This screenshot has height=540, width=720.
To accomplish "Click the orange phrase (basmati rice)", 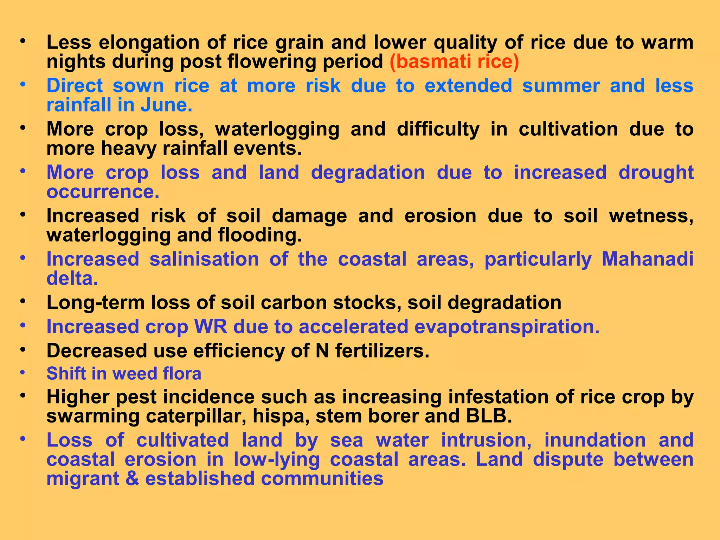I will [454, 62].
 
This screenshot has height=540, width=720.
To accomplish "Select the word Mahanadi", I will [648, 259].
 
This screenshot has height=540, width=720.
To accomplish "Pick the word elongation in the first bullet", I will [149, 43].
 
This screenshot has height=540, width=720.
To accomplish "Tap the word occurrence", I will [103, 192].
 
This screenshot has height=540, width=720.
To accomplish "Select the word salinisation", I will [204, 259].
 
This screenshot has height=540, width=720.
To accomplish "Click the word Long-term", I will [95, 303].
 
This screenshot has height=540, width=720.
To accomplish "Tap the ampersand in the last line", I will [132, 479].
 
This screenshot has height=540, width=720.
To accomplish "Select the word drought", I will [656, 173].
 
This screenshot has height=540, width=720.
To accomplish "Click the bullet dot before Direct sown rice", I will [23, 85].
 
